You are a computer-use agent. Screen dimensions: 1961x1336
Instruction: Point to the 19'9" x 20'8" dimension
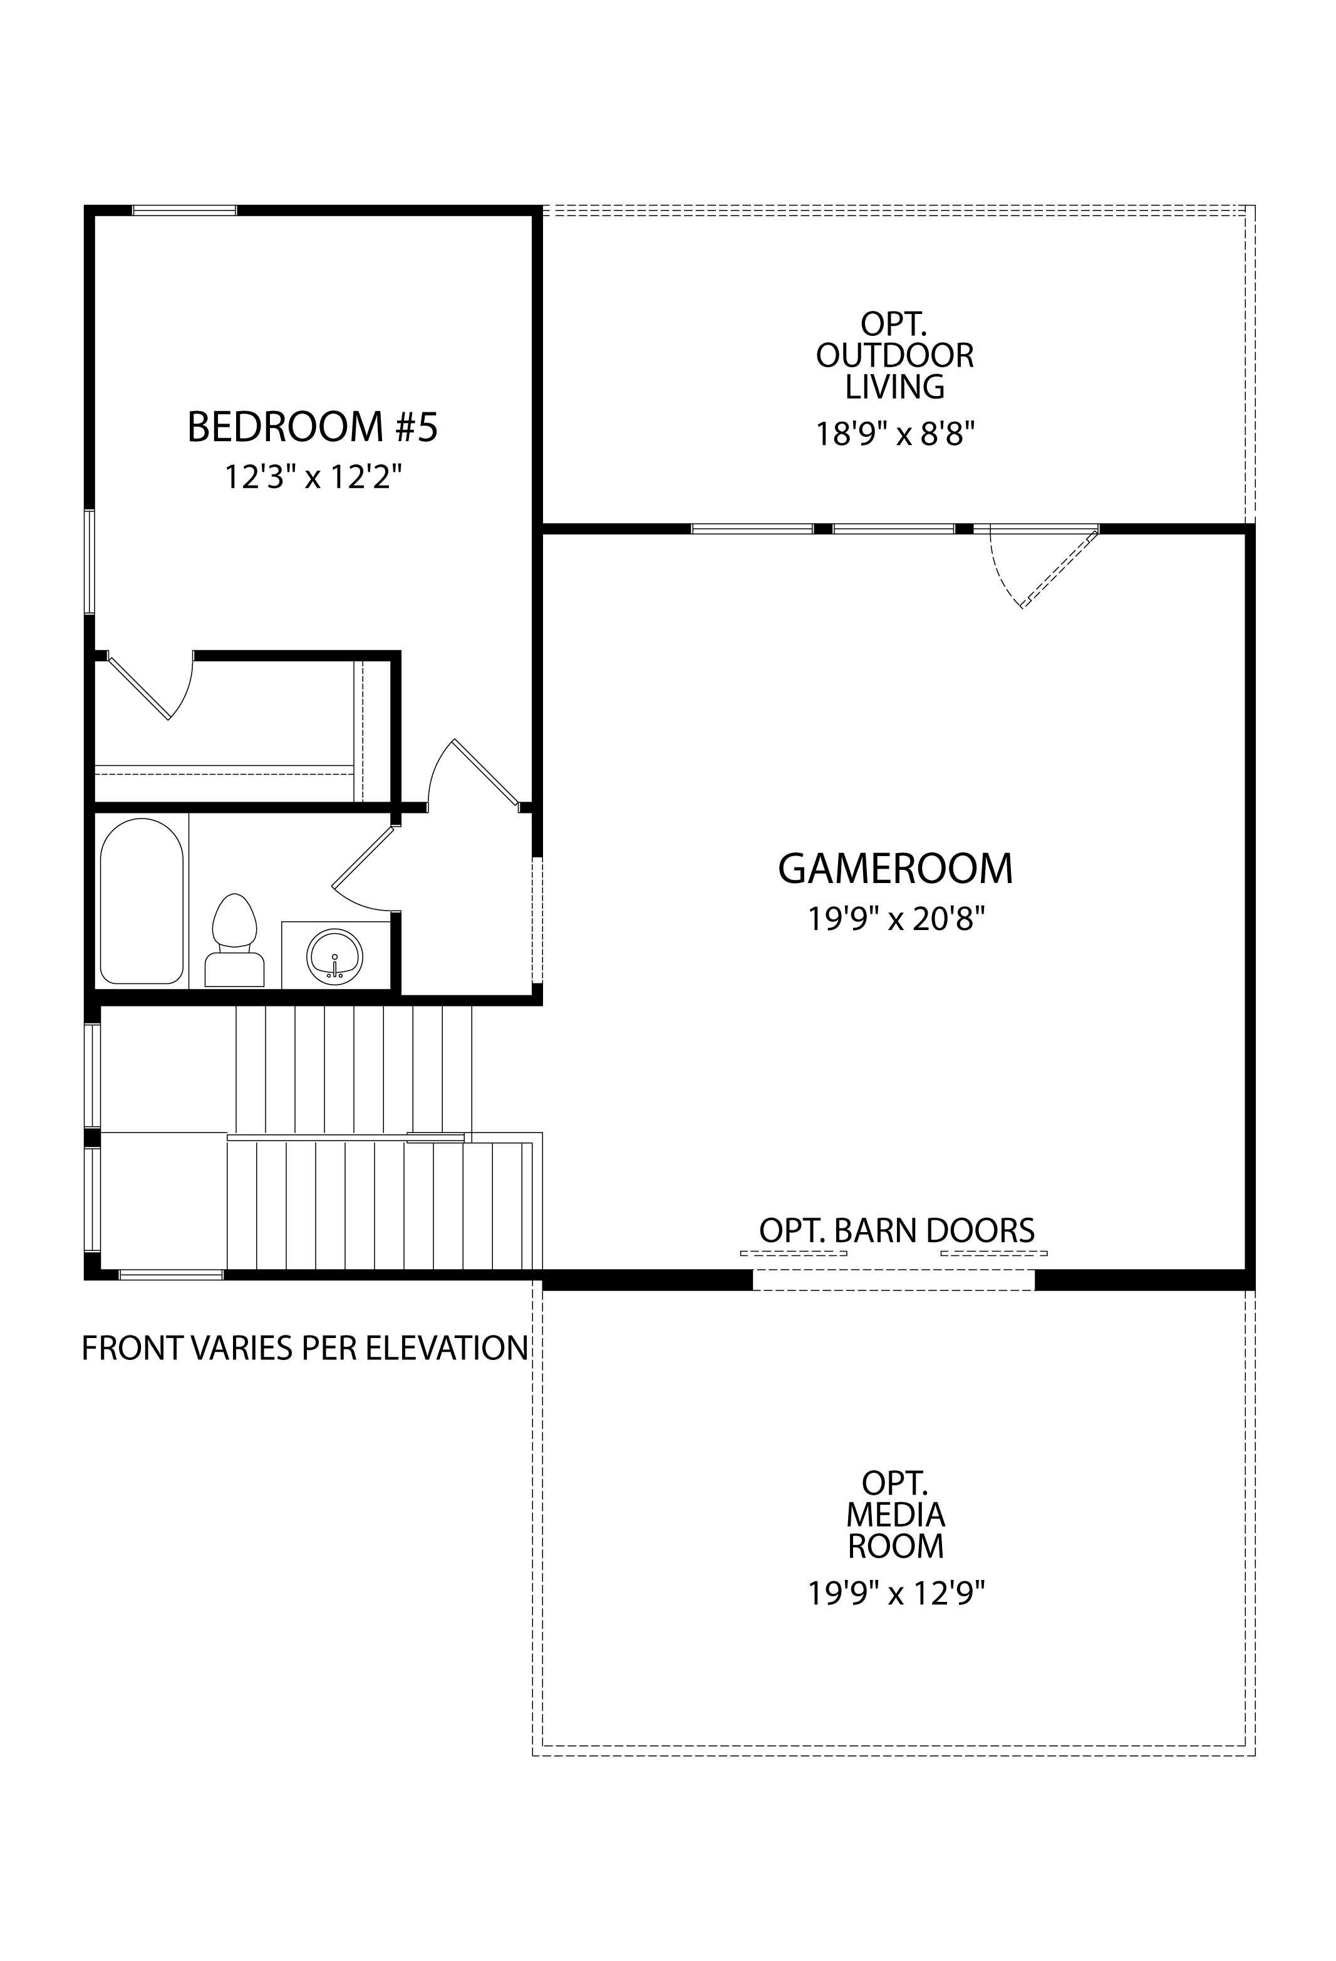[896, 918]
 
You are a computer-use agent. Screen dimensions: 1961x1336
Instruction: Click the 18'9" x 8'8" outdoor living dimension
[895, 434]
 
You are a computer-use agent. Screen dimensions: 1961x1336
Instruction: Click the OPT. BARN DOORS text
[896, 1230]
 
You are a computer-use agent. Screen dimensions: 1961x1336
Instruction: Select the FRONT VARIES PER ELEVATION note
[304, 1349]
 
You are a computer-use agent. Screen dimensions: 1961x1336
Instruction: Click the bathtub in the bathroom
[142, 901]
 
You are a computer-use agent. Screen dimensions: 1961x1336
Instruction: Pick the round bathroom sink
[336, 955]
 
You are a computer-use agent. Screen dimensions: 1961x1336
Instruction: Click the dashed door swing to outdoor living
[1046, 567]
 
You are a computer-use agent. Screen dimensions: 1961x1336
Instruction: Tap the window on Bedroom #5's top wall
[184, 210]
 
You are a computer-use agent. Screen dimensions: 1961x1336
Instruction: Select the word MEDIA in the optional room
[896, 1515]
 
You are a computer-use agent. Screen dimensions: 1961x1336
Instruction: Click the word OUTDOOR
[895, 355]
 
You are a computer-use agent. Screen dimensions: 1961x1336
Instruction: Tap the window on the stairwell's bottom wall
[171, 1274]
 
